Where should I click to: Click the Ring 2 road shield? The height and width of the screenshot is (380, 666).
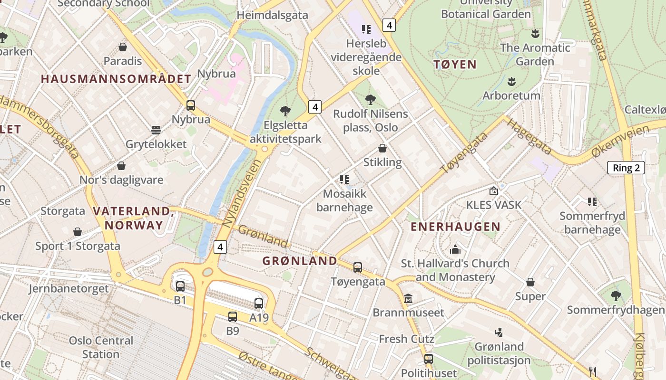(x=626, y=168)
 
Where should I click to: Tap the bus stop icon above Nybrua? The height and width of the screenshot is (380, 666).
(x=191, y=105)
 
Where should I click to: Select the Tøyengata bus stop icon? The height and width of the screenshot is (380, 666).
(x=358, y=267)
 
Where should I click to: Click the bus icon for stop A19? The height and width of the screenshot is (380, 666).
(x=259, y=304)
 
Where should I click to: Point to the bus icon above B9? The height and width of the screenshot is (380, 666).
(x=233, y=316)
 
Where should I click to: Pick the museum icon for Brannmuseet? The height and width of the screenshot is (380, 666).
(x=408, y=299)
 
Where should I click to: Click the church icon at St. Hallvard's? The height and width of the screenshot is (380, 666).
(x=455, y=249)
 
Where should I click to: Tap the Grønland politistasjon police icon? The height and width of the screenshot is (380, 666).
(x=499, y=332)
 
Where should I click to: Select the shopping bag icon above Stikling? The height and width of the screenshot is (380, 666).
(x=382, y=148)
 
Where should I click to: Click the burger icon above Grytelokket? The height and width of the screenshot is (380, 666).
(x=156, y=130)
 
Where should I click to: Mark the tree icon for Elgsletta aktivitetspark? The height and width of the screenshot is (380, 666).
(x=285, y=111)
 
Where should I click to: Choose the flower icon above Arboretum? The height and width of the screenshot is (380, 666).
(x=511, y=81)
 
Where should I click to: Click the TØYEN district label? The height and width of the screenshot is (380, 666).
(x=455, y=65)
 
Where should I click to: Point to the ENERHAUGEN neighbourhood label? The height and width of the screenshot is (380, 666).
(x=455, y=227)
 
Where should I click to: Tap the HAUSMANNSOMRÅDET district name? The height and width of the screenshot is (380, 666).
(x=116, y=79)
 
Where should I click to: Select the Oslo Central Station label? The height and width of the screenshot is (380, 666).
(x=101, y=347)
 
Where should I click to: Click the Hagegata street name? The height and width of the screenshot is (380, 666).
(x=528, y=136)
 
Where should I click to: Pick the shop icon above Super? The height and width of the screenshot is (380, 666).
(x=530, y=282)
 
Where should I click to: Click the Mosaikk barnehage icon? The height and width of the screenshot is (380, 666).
(x=344, y=180)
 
